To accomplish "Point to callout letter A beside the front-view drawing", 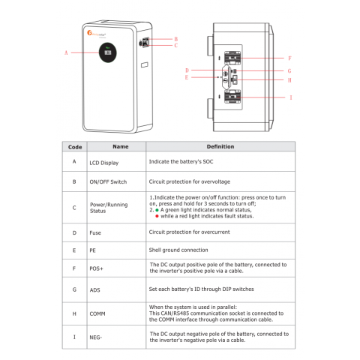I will point(67,53).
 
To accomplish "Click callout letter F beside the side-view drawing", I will point(289,57).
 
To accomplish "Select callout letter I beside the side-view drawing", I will point(290,97).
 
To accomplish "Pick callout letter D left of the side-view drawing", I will point(187,70).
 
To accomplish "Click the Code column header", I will point(75,147).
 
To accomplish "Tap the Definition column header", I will point(220,147).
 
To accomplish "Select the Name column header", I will point(120,147).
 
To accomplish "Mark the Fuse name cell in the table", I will point(95,233).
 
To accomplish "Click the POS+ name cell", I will point(97,268).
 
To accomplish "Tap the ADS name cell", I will point(94,288).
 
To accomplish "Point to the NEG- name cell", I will point(97,337).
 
